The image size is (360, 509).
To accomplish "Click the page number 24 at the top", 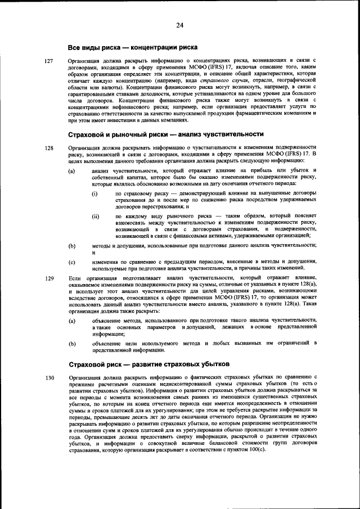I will coord(180,24).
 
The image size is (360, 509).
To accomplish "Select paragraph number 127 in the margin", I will coord(49,60).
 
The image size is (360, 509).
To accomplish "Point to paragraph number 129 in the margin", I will coord(49,278).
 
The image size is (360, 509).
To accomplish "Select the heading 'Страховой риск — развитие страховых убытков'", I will coord(148,364).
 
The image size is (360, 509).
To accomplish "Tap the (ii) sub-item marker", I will coord(96,216).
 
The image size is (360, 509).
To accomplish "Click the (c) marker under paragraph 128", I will coord(71,262).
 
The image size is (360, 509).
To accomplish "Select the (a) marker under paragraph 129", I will coord(71,320).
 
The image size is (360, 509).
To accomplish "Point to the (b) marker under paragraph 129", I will coord(71,343).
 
